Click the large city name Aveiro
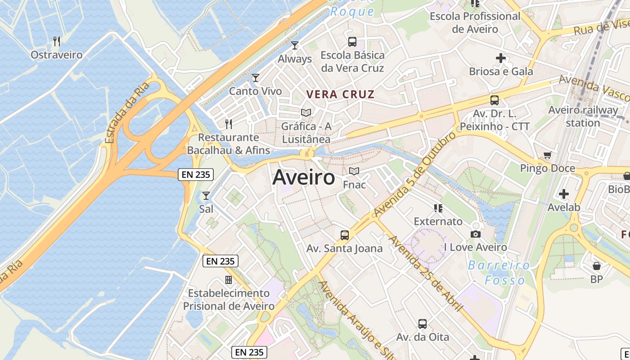[x=304, y=177]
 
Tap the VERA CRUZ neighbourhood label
[x=340, y=94]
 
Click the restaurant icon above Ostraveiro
[x=57, y=41]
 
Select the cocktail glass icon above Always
[x=295, y=45]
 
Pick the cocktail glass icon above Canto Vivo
[x=256, y=77]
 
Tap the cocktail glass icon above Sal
[x=206, y=195]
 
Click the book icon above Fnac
[x=354, y=171]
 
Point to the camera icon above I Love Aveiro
[x=475, y=234]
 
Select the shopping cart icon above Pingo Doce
[x=548, y=155]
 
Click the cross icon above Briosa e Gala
[x=500, y=58]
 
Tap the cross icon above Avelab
[x=563, y=194]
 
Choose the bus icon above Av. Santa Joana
[x=345, y=235]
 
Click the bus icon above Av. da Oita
[x=422, y=324]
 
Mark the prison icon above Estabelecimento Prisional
[x=229, y=280]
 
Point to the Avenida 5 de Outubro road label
[x=414, y=173]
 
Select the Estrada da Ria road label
[x=127, y=112]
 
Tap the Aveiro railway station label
[x=583, y=116]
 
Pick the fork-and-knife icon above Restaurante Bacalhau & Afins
[x=229, y=124]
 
